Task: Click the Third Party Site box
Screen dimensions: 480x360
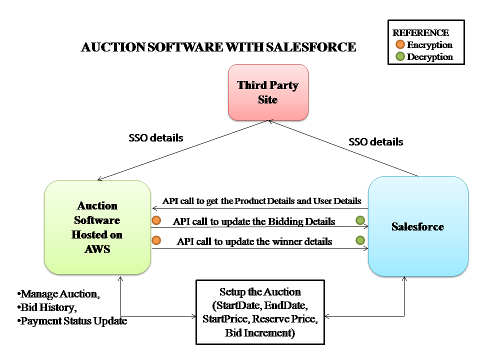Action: pos(268,92)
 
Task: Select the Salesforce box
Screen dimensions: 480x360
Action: pos(418,226)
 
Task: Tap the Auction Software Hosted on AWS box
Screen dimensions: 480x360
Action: pos(97,227)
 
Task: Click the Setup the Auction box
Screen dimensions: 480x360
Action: pos(260,312)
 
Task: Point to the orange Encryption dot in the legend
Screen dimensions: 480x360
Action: pos(400,44)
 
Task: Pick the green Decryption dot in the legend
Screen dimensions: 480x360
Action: pos(400,56)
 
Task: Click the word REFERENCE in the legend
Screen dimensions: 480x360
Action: pos(420,32)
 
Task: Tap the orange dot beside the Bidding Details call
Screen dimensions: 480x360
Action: pos(156,220)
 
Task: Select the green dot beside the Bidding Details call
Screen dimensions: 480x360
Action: pos(360,220)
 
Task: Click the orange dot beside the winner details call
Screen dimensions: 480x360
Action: pos(156,240)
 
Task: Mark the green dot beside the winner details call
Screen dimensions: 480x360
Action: pos(360,240)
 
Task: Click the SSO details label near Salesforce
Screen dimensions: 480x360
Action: pos(376,141)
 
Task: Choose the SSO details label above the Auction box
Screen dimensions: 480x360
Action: pos(156,138)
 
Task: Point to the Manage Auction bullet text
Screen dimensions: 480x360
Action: pos(58,294)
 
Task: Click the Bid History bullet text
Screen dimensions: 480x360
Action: pos(47,307)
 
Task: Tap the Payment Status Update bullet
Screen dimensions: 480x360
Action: pos(72,321)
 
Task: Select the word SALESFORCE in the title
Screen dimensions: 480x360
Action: pos(311,47)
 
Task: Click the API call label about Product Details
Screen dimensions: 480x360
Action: pos(261,201)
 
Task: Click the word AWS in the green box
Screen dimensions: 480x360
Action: pos(97,249)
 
